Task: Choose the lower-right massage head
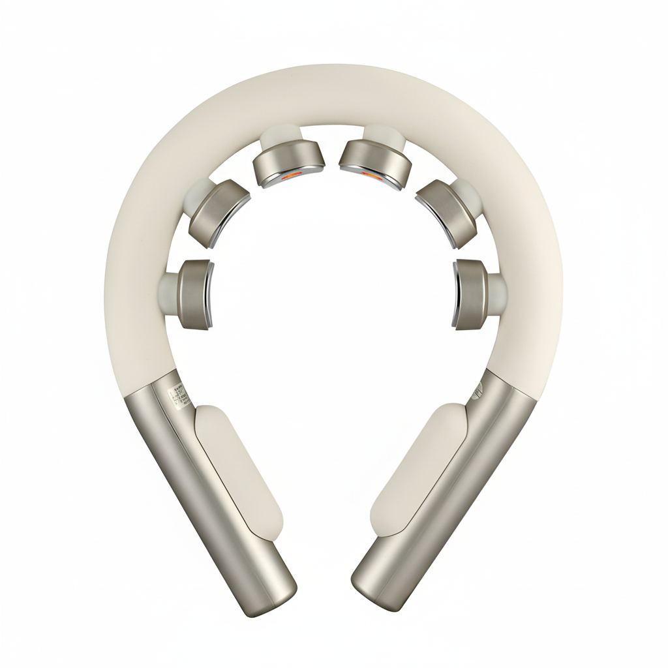(x=472, y=293)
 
